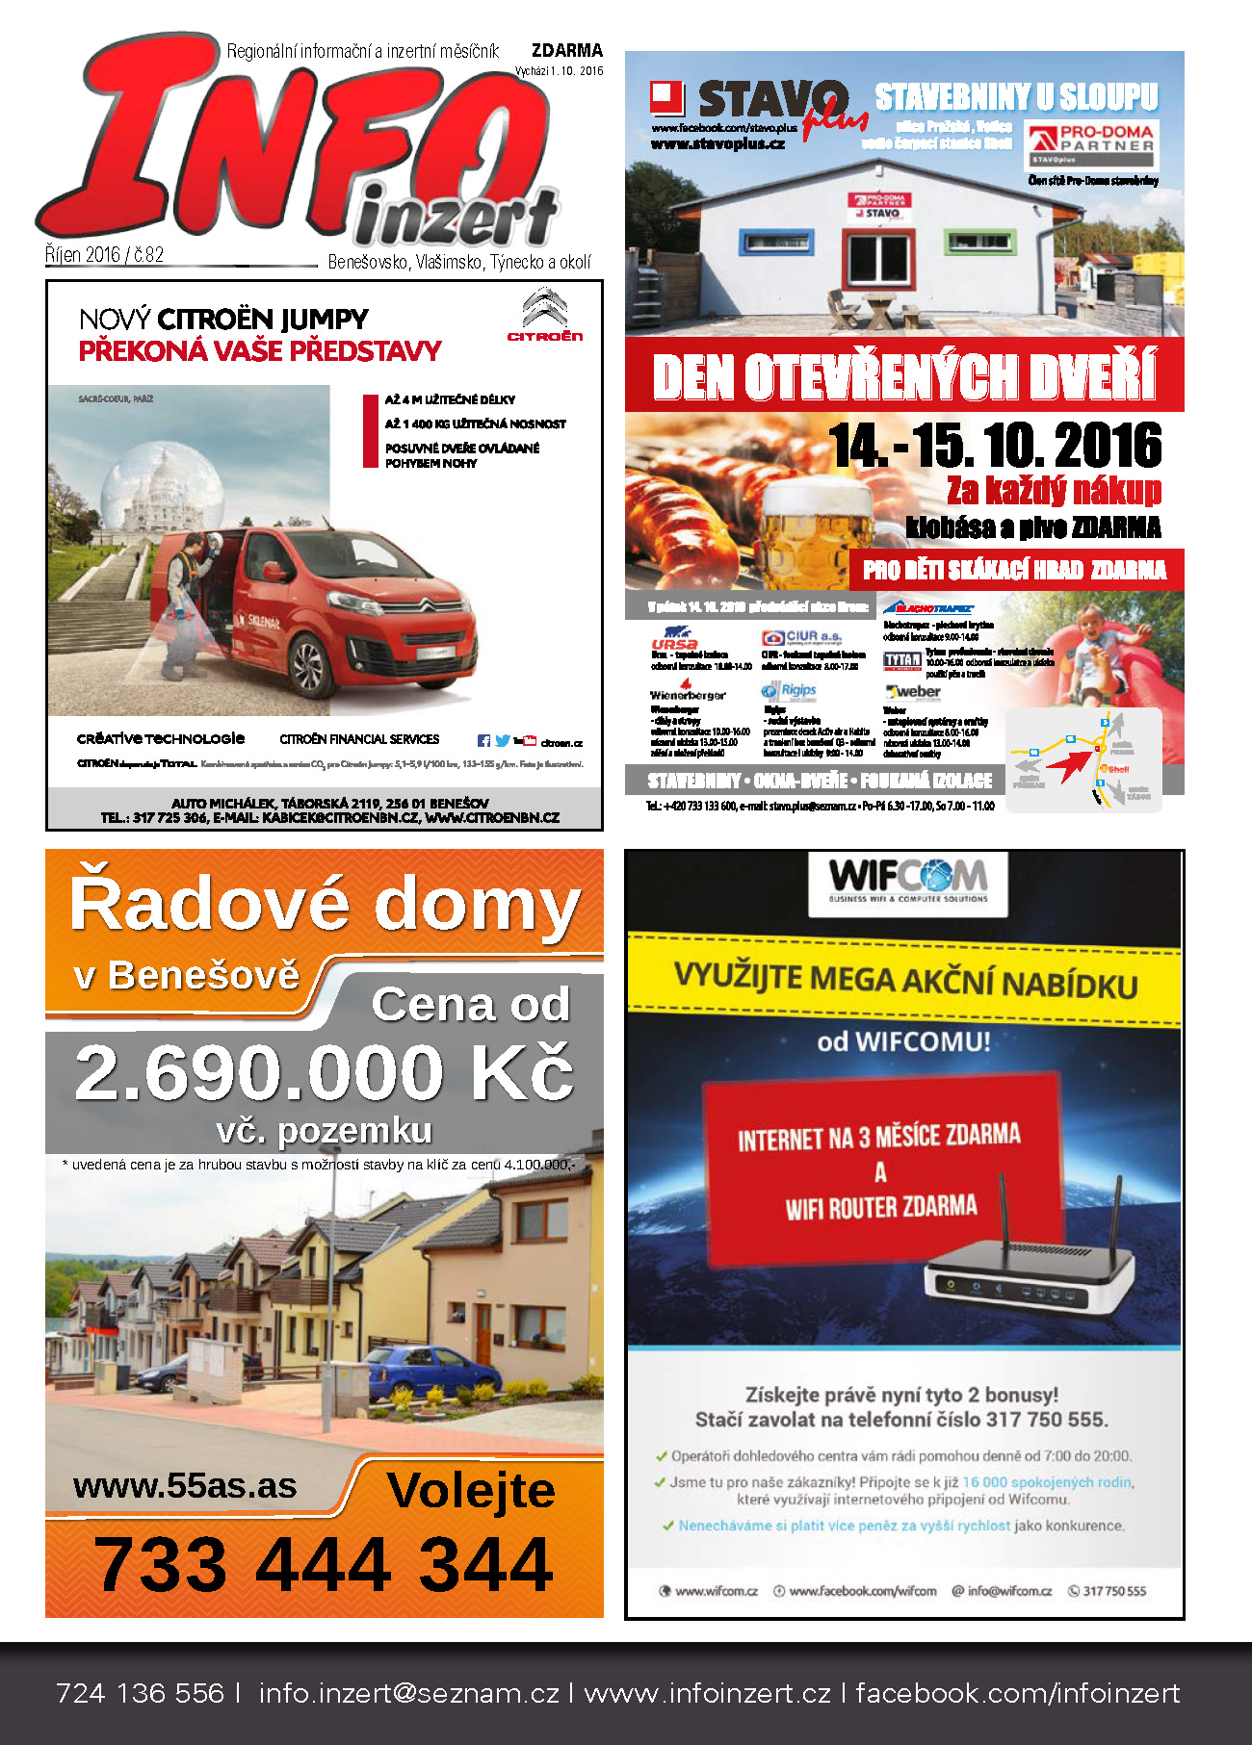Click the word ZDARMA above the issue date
tap(567, 50)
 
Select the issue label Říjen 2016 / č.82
tap(105, 255)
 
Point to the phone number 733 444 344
tap(324, 1565)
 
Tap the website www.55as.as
tap(185, 1485)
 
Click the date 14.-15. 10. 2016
tap(996, 445)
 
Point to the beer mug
tap(814, 529)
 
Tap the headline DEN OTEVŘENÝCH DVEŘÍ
tap(903, 375)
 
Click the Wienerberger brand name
tap(688, 695)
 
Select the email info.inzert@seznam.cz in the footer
tap(408, 1694)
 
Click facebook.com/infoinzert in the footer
tap(1017, 1694)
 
